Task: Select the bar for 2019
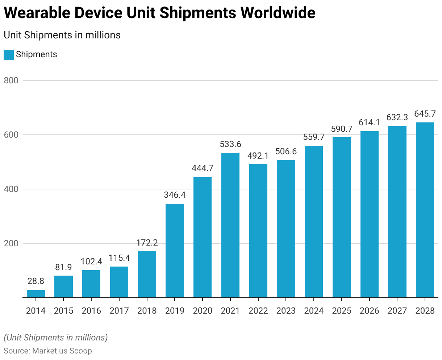point(175,251)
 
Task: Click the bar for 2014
point(36,294)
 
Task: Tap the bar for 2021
point(230,225)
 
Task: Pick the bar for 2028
point(425,210)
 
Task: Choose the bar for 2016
point(91,284)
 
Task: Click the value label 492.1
point(258,156)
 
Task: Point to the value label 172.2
point(147,243)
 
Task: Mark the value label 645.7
point(425,114)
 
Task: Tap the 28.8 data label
point(36,281)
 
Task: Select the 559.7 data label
point(314,137)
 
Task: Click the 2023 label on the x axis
point(286,311)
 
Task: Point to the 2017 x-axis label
point(119,311)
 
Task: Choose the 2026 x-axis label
point(369,311)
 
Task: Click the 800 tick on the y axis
point(11,80)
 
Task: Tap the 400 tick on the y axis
point(11,189)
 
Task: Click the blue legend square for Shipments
point(9,55)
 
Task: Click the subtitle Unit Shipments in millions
point(62,35)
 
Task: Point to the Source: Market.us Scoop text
point(48,351)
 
